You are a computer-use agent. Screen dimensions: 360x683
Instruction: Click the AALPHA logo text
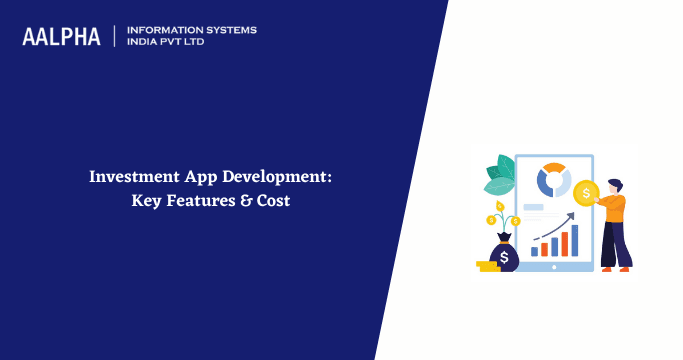point(61,37)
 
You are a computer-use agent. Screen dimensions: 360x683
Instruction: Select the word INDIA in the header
point(145,43)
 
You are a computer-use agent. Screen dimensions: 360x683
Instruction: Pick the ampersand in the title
point(246,199)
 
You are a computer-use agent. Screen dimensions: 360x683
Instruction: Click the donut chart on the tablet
point(553,181)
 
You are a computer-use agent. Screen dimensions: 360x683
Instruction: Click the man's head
point(613,187)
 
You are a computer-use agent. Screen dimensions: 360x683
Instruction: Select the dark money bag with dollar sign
point(505,256)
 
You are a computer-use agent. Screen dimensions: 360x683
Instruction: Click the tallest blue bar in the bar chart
point(574,240)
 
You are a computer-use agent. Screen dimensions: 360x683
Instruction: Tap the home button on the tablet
point(553,267)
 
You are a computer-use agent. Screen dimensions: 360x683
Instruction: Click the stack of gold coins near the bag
point(487,266)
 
